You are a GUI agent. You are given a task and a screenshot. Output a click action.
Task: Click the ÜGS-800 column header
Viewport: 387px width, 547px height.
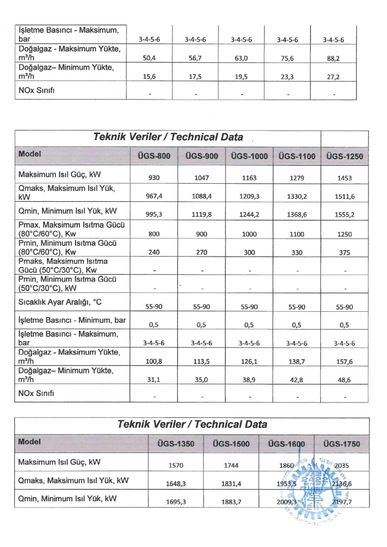(x=153, y=156)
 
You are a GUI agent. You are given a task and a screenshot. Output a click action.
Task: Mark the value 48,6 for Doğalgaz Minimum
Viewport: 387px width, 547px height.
(x=344, y=379)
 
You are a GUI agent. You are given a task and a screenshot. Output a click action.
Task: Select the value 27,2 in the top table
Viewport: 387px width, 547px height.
(x=333, y=77)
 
